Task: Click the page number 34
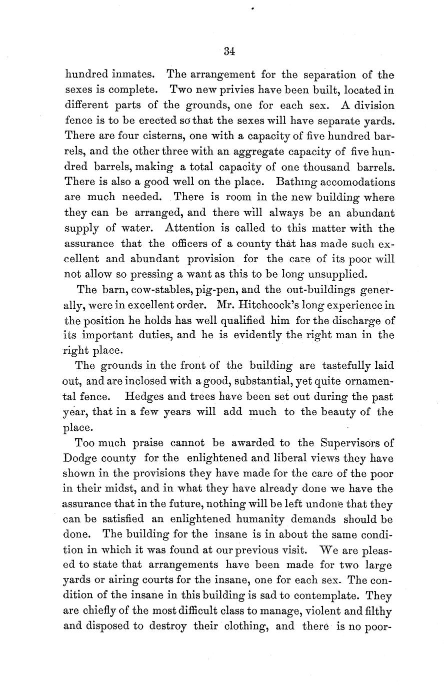pos(230,51)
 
